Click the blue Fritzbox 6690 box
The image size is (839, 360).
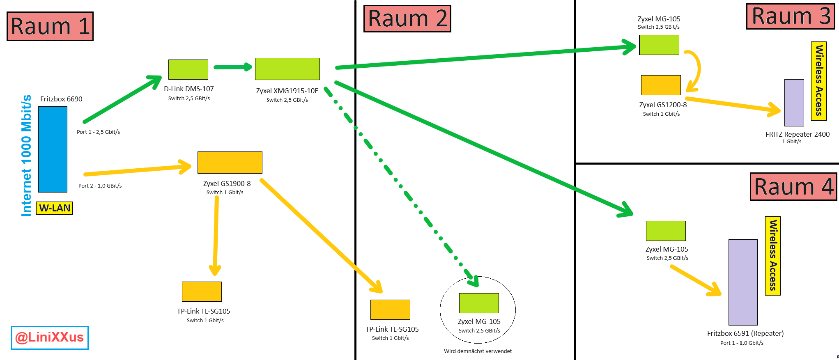53,149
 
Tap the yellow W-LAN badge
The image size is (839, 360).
55,208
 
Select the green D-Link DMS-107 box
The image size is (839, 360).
188,69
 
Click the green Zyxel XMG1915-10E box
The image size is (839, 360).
287,69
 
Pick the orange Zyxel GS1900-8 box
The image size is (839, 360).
230,163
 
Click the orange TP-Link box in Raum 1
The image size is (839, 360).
202,291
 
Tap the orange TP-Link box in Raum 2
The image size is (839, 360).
390,310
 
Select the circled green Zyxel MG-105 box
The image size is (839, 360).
479,303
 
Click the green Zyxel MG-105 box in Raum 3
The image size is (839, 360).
659,45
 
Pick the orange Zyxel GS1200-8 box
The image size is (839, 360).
661,85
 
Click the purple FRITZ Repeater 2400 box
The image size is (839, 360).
794,103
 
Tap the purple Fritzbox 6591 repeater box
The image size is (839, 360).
742,282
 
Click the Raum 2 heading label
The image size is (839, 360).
407,19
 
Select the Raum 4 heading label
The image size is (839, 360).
793,187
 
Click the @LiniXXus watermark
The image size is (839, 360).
50,337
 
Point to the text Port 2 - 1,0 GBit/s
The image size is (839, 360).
100,186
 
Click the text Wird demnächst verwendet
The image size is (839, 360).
478,351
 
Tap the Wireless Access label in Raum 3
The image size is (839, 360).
819,81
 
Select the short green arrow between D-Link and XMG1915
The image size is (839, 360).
232,67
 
